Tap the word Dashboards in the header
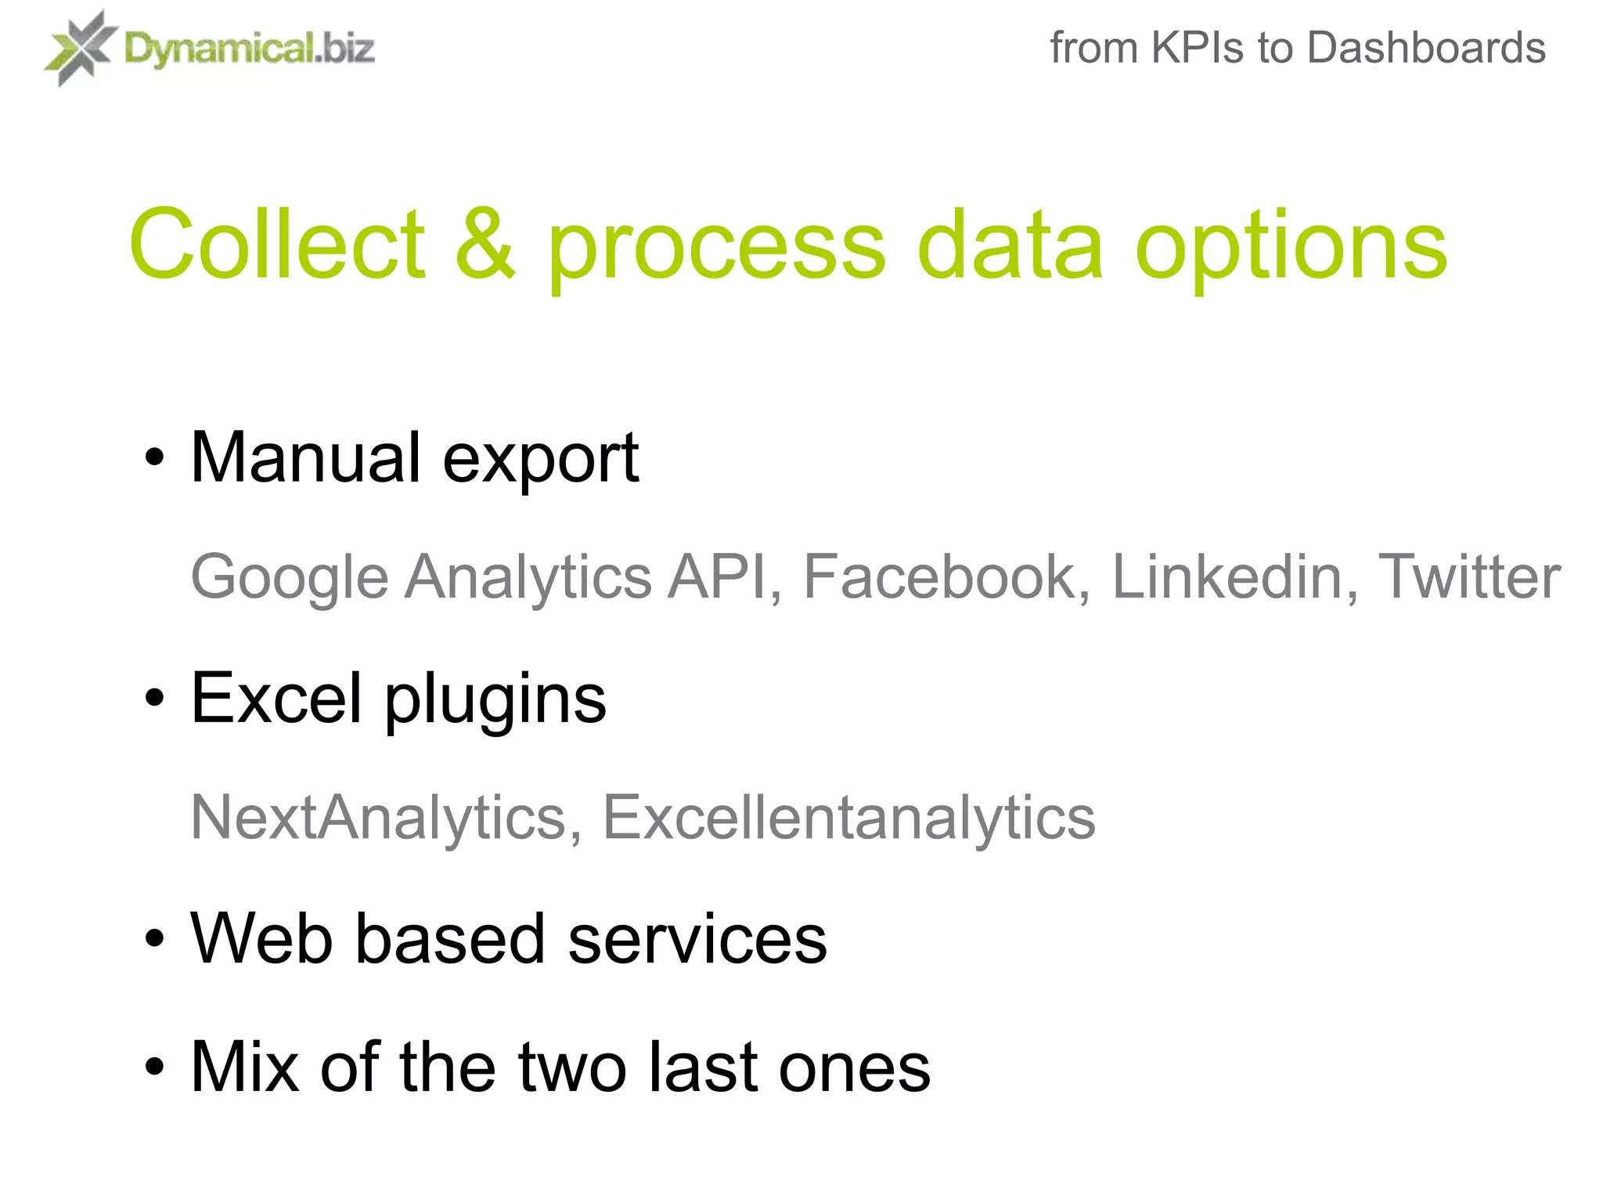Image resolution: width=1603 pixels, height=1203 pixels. tap(1426, 48)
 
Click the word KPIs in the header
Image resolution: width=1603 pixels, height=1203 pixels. tap(1197, 48)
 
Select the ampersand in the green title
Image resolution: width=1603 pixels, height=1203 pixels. tap(485, 244)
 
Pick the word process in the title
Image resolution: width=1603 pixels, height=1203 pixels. tap(716, 251)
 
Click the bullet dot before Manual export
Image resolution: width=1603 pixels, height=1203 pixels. tap(155, 458)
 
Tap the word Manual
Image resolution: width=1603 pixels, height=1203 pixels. tap(306, 457)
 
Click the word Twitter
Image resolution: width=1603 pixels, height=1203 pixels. tap(1468, 577)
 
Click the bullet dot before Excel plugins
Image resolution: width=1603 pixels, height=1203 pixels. tap(155, 698)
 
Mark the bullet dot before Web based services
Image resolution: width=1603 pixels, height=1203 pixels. tap(155, 938)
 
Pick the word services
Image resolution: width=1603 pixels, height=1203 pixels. tap(697, 938)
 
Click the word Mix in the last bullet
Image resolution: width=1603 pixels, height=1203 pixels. tap(245, 1067)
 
